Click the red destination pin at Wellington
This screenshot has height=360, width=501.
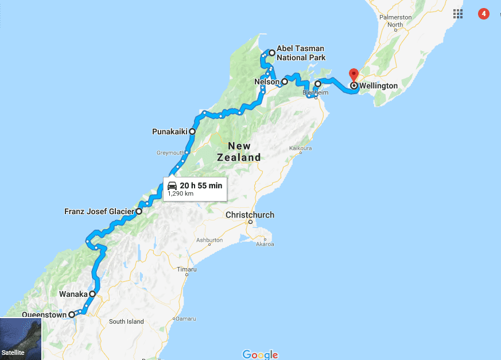pos(354,75)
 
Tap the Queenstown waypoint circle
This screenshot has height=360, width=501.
pos(72,315)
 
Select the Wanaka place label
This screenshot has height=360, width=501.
pos(72,294)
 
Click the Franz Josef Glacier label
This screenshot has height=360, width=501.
pos(99,211)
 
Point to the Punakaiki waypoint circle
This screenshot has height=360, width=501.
pos(192,131)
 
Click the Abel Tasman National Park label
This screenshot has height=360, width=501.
pos(301,53)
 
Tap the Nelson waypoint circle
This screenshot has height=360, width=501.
pos(285,82)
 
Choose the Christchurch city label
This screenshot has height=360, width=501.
pos(250,215)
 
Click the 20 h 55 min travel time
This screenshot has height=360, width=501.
pos(200,185)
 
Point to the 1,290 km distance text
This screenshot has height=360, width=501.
pos(181,194)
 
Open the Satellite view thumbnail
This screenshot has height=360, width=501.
pos(21,339)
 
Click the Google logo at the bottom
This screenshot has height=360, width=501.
pos(260,354)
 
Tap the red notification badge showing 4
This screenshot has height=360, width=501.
pos(484,13)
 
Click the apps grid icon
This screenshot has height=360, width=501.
pos(457,13)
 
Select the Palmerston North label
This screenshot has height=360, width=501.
pos(395,21)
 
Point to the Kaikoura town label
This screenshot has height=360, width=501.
pos(300,148)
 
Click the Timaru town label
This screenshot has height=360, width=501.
pos(187,269)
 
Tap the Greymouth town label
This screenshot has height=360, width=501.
pos(170,153)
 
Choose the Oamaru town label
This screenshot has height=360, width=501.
pos(186,318)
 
